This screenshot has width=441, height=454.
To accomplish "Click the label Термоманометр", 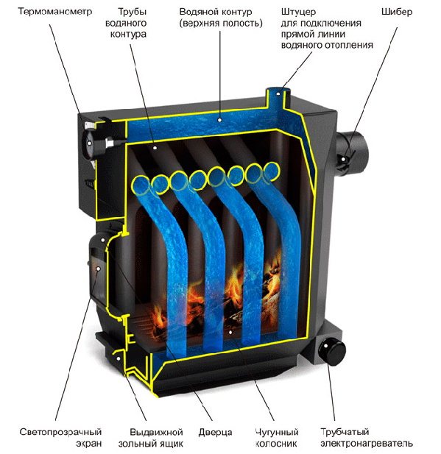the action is pos(55,12).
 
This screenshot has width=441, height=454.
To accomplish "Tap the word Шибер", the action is pos(396,12).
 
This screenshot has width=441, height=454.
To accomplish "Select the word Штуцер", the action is pos(298,13).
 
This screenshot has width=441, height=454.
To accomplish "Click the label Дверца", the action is pos(215,433).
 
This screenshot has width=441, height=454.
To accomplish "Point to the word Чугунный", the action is pos(277,432).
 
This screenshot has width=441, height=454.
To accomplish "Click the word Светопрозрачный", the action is pos(60,432).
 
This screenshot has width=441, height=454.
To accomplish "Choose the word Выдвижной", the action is pos(156,432).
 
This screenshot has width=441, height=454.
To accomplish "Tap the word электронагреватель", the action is pos(367,443).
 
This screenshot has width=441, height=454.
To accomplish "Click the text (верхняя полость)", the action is pos(221,23).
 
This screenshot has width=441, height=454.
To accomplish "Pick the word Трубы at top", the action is pos(132,12).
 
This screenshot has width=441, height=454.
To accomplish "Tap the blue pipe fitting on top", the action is pos(278,97).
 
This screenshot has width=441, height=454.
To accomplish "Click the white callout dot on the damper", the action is pos(343,159).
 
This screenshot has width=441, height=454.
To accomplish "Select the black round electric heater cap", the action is pos(332,351).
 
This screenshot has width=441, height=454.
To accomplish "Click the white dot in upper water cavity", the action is pos(219,120).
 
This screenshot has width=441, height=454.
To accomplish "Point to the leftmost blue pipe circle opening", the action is pos(141,185).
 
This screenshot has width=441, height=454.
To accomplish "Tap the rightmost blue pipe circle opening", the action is pos(272,170).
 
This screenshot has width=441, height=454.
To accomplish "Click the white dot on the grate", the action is pos(230,333).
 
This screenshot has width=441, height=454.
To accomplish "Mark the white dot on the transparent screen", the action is pos(98,269).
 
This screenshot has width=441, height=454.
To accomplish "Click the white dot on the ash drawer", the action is pos(119,358).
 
